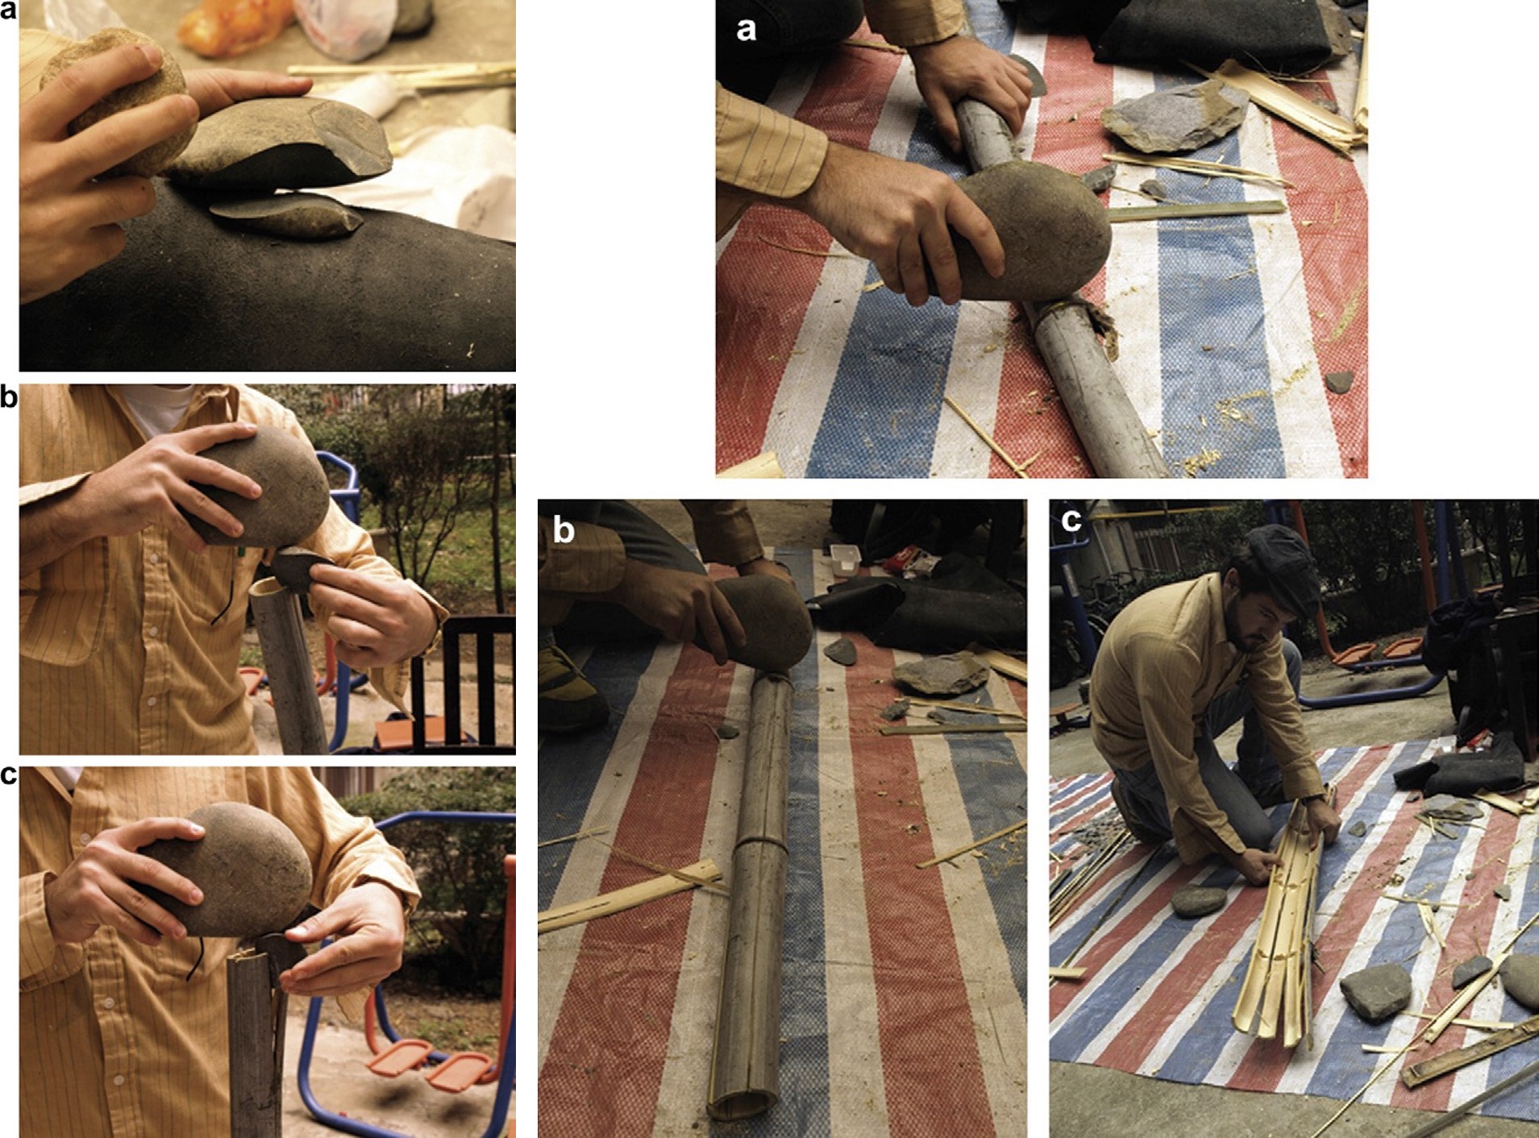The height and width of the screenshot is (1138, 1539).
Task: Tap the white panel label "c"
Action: pyautogui.click(x=1071, y=521)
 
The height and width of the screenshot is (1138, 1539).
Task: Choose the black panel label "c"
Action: pyautogui.click(x=8, y=775)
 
